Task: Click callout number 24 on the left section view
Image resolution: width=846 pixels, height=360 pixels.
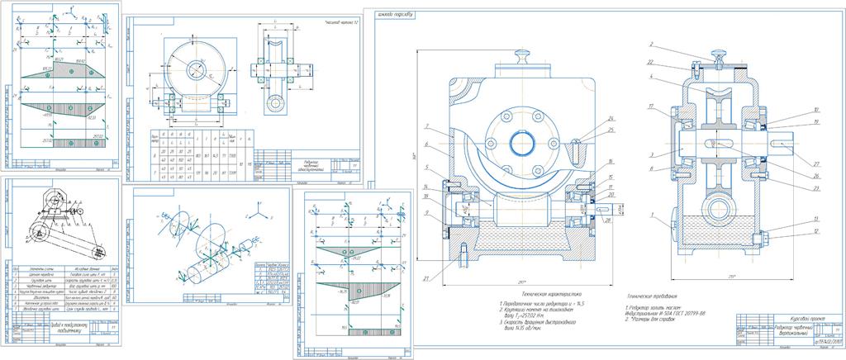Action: point(588,119)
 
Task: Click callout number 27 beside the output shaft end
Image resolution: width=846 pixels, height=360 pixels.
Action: point(793,165)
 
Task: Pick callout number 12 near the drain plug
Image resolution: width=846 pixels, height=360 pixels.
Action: point(791,232)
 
